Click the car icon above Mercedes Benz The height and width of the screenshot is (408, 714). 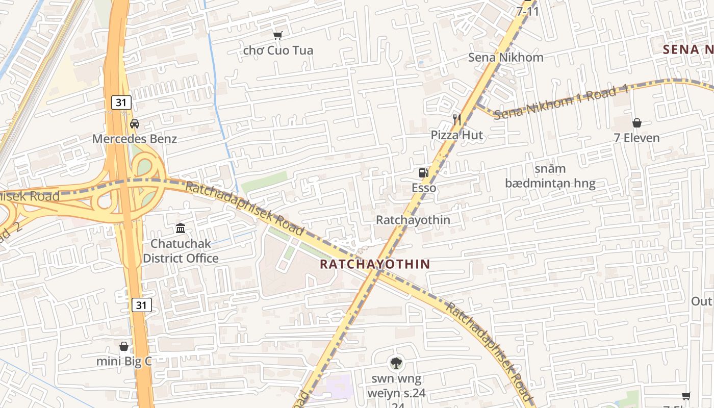[x=135, y=123]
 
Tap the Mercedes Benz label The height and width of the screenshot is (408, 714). [x=135, y=139]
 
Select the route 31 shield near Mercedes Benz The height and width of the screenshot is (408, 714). [x=121, y=103]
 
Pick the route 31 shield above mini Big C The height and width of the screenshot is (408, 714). [x=141, y=305]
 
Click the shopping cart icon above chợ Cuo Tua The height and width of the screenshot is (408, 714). [x=277, y=35]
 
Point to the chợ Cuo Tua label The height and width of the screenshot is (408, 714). [x=278, y=50]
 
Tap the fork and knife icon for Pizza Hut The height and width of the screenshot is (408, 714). [x=457, y=120]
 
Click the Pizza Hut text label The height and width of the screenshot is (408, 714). [x=457, y=135]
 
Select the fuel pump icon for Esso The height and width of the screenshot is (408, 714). [x=423, y=173]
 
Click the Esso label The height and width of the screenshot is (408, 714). [x=424, y=188]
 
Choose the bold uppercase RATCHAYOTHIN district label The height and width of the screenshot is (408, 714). [x=375, y=264]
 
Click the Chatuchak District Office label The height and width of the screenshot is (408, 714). [x=181, y=251]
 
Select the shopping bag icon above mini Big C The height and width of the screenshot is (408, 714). [x=124, y=347]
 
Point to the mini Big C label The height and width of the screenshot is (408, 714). [x=124, y=362]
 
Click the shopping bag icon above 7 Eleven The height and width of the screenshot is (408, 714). [x=636, y=123]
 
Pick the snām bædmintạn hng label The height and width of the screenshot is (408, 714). [x=550, y=176]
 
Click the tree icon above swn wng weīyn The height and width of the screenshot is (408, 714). [x=396, y=363]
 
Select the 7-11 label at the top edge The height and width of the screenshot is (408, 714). [x=527, y=11]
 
